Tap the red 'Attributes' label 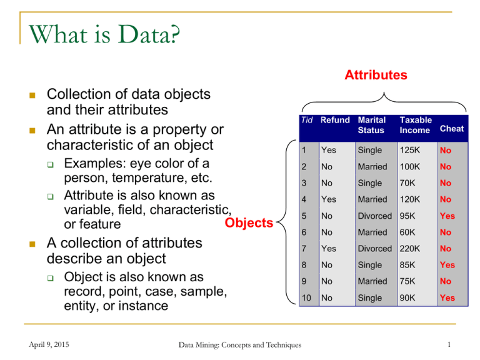376,75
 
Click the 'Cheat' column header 451,128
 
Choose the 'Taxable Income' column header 415,124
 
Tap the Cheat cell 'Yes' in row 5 447,216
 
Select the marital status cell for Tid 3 369,184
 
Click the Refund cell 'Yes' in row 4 329,200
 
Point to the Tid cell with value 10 306,298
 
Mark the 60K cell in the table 408,232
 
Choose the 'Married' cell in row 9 373,281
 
